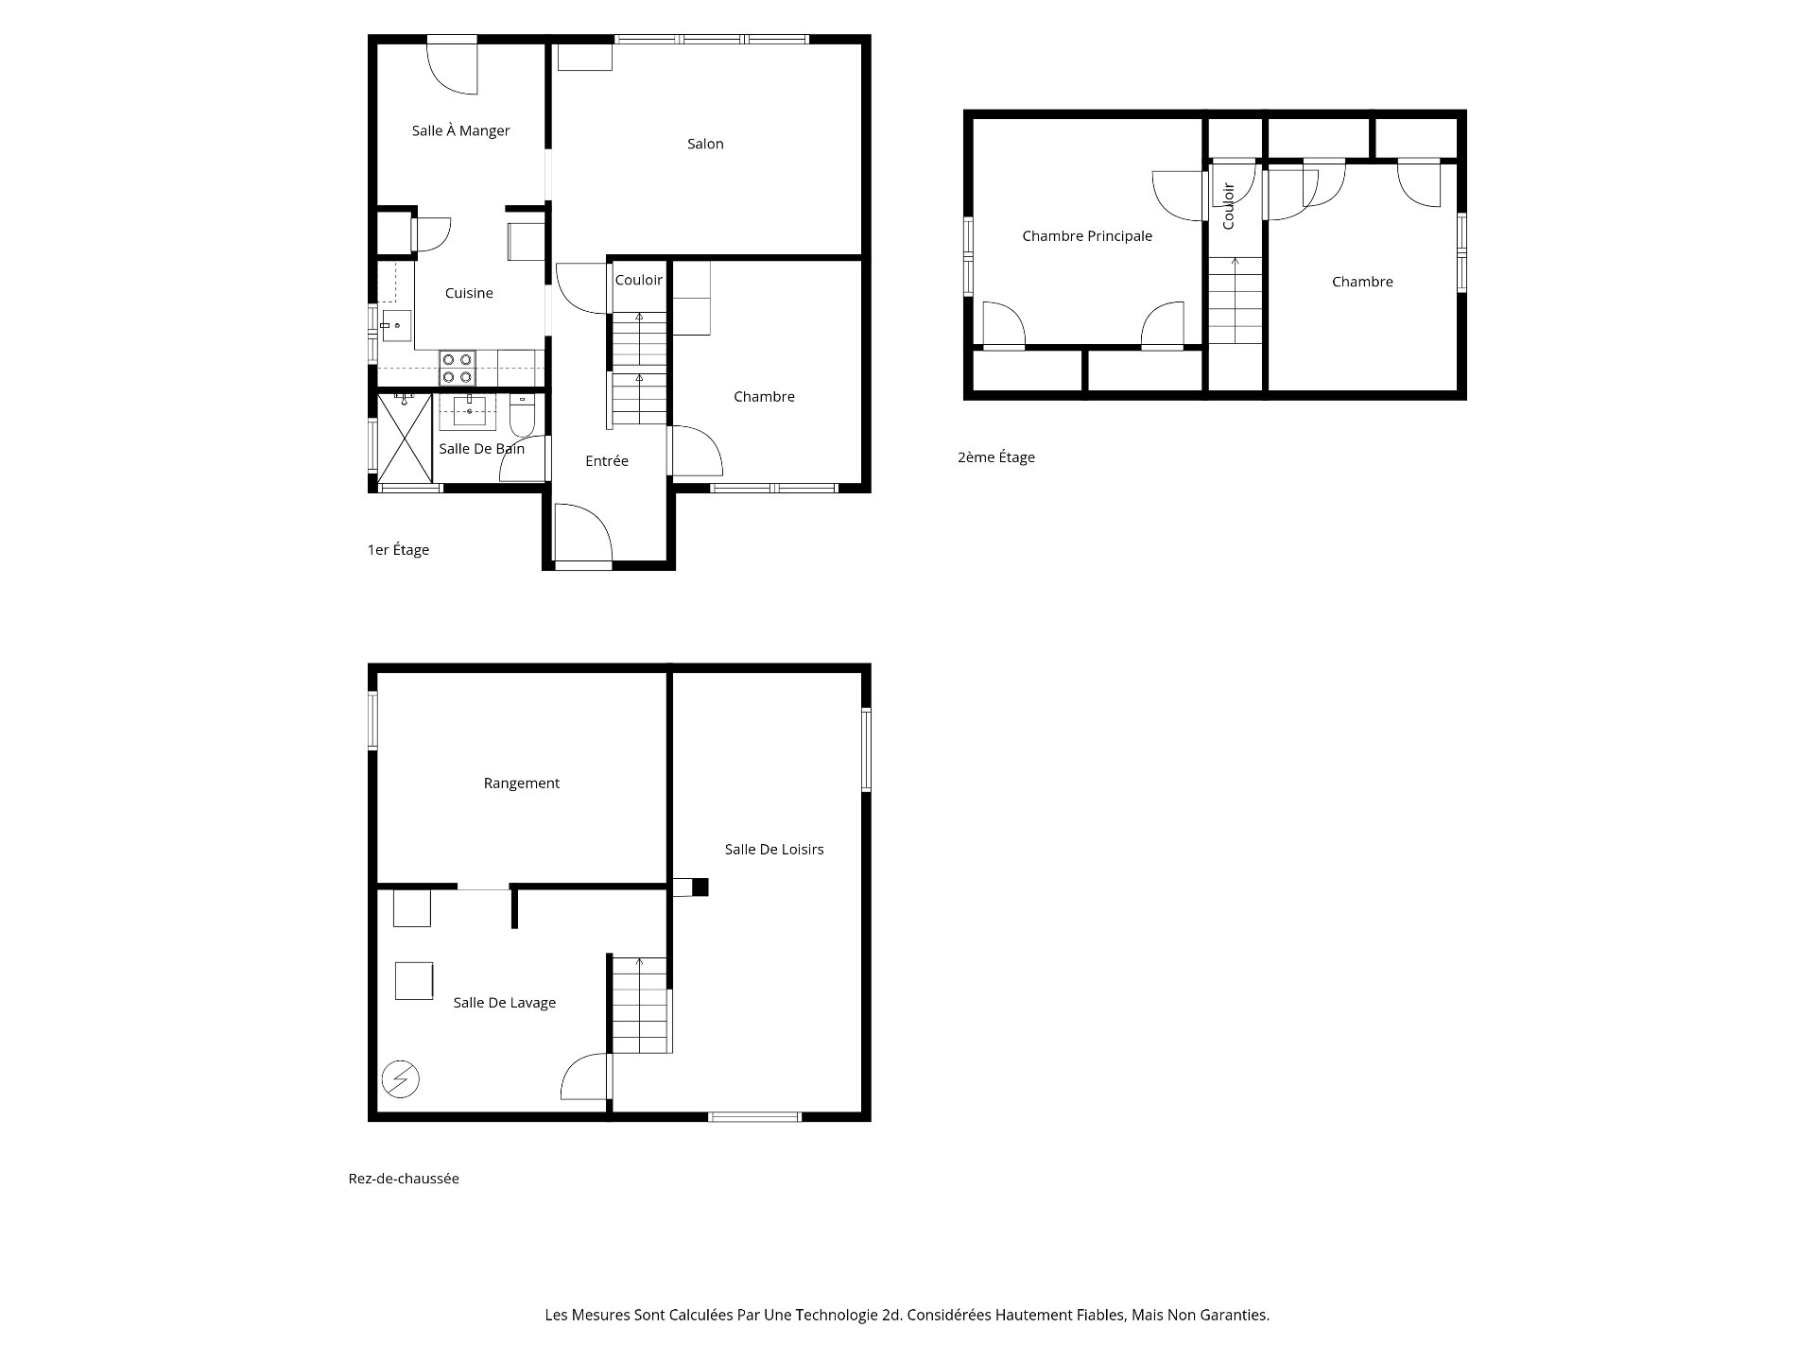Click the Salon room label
pos(705,144)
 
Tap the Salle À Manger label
pos(460,130)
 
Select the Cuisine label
pos(469,293)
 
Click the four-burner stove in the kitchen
pos(457,368)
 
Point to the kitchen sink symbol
pos(395,326)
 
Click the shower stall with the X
pos(404,438)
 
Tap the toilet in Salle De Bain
pos(522,413)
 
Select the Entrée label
pos(606,461)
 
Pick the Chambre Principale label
pos(1087,236)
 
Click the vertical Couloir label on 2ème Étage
pos(1229,206)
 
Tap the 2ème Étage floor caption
pos(995,457)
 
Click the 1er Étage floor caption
pos(398,550)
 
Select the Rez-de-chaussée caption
pos(404,1179)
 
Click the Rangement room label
pos(521,784)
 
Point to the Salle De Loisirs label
pos(773,850)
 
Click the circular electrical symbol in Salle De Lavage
pos(400,1078)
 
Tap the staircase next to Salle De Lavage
pos(640,1005)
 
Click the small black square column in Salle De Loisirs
pos(700,887)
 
